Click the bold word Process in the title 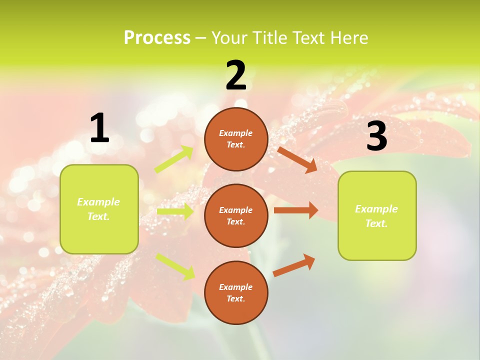(x=157, y=38)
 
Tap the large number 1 (x=99, y=128)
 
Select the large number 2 (x=236, y=76)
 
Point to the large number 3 (x=376, y=136)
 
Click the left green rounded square (x=99, y=209)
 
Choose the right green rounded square (x=377, y=215)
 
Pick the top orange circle (x=236, y=139)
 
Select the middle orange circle (x=236, y=216)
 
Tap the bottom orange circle (x=236, y=293)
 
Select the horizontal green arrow (x=175, y=211)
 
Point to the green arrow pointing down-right (x=175, y=266)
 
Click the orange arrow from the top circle (x=297, y=159)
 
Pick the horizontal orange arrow (x=296, y=210)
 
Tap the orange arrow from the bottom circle (x=294, y=265)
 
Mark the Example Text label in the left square (x=98, y=209)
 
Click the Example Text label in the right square (x=376, y=216)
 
